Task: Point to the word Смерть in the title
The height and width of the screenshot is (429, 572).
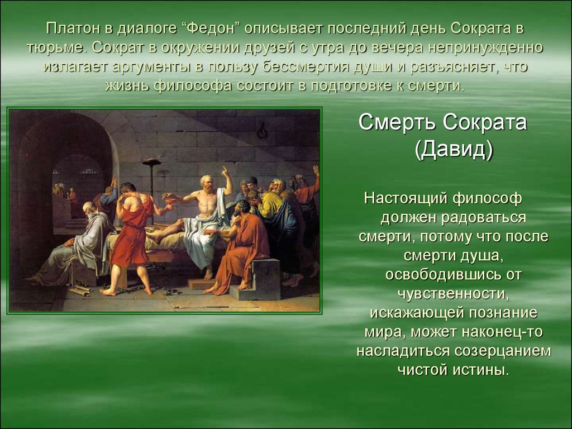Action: pos(397,122)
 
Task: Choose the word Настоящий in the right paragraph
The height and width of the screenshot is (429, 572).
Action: pos(406,198)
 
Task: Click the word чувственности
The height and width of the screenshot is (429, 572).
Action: pos(452,294)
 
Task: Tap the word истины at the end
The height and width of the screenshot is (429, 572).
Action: pos(480,370)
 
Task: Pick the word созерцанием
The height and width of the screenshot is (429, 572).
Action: pos(503,351)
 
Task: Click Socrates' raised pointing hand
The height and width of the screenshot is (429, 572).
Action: pos(226,171)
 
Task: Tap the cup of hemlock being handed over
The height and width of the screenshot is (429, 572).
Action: pos(169,200)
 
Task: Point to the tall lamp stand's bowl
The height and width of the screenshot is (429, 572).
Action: pos(151,161)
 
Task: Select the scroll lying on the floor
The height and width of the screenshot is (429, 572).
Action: pos(80,290)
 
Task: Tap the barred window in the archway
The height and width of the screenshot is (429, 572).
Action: pos(89,170)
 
